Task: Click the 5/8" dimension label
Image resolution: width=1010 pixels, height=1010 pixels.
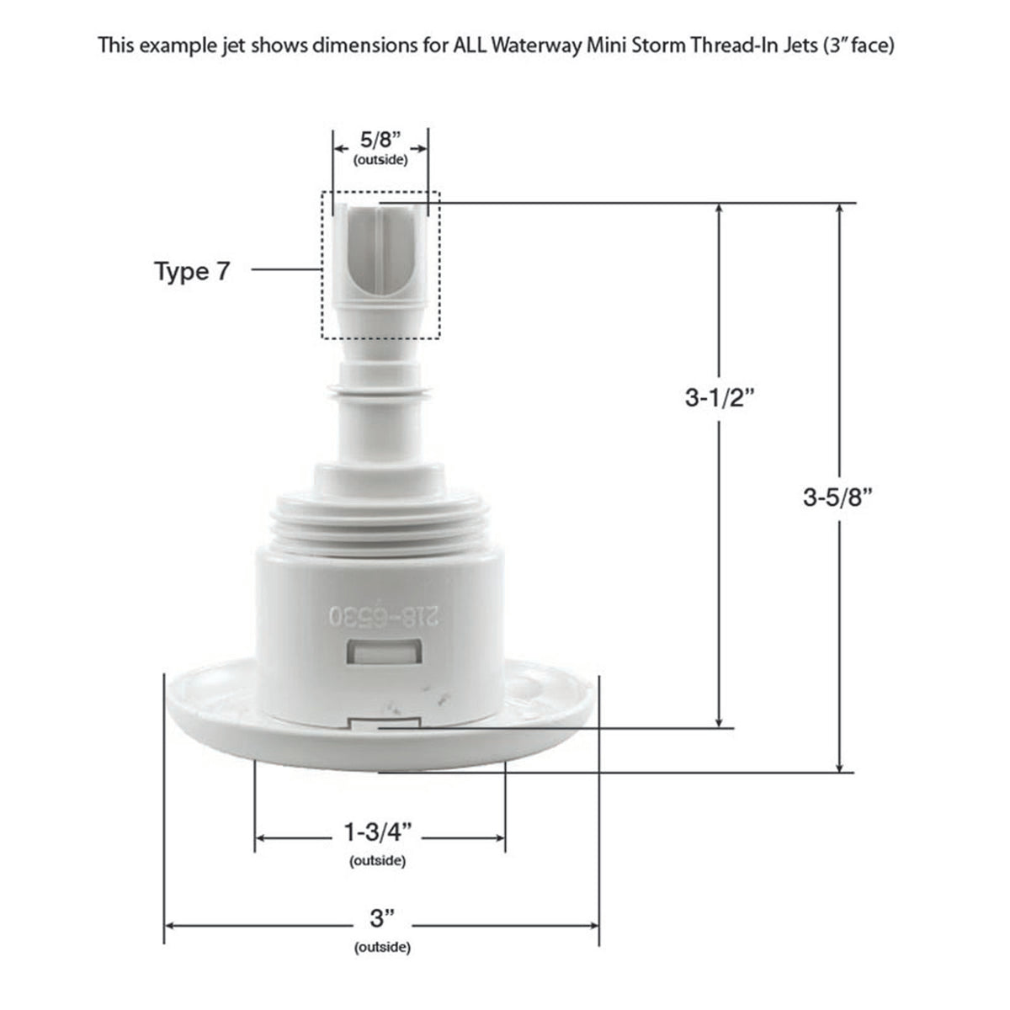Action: [380, 140]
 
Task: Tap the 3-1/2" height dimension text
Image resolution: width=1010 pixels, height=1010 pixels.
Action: [718, 398]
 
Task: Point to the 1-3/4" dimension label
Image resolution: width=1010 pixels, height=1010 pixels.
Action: [379, 833]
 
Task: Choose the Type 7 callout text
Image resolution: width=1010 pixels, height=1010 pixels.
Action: [191, 271]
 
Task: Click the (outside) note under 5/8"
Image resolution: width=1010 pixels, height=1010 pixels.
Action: [380, 160]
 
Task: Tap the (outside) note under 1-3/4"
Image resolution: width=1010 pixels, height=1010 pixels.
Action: [377, 861]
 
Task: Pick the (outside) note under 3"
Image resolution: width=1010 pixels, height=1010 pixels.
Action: [382, 948]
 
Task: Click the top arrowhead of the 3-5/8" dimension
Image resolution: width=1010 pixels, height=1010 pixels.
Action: [839, 209]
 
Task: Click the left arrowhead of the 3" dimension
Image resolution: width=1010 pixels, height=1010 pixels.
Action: [169, 926]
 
